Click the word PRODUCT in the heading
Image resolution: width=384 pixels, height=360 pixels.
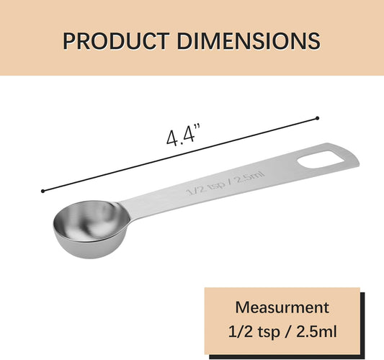[x=115, y=40]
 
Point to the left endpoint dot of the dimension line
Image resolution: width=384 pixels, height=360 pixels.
[x=43, y=191]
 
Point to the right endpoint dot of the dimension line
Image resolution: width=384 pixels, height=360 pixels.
[x=317, y=117]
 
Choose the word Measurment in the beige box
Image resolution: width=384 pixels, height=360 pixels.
[x=282, y=307]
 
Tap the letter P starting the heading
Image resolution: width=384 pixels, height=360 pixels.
[x=70, y=40]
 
